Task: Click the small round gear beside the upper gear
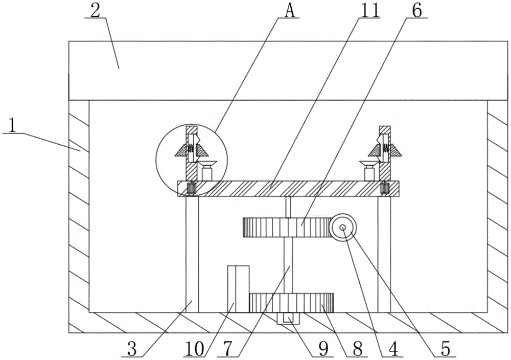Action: point(342,227)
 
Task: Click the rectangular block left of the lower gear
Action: point(238,289)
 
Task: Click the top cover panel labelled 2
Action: point(286,70)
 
